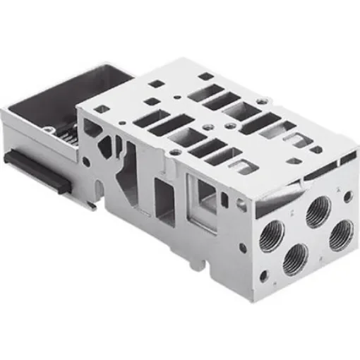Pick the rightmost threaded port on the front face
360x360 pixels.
click(x=341, y=233)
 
